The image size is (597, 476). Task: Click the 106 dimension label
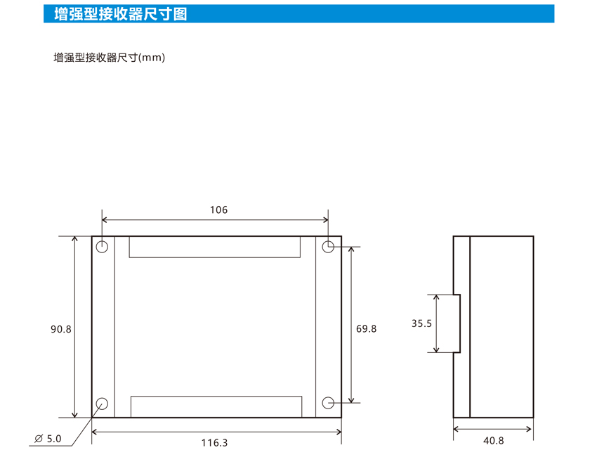coord(218,210)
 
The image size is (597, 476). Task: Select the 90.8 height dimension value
coord(61,329)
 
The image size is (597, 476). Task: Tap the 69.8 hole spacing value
coord(366,329)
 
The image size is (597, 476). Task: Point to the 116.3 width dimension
coord(214,443)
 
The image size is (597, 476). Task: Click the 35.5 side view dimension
coord(421,323)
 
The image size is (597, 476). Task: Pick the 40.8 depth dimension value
coord(494,441)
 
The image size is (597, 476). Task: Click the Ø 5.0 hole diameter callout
coord(48,439)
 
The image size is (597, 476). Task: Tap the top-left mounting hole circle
coord(102,247)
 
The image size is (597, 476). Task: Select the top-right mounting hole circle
coord(328,247)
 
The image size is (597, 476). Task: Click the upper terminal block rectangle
coord(214,257)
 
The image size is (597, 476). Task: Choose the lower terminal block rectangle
coord(216,397)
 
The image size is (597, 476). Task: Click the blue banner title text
coord(120,14)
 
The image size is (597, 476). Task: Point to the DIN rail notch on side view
coord(460,323)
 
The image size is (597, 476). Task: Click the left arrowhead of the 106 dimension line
coord(103,220)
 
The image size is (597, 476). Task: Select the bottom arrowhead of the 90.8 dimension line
coord(74,415)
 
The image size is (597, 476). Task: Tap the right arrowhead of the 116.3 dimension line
coord(340,432)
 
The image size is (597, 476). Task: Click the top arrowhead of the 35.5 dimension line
coord(436,297)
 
